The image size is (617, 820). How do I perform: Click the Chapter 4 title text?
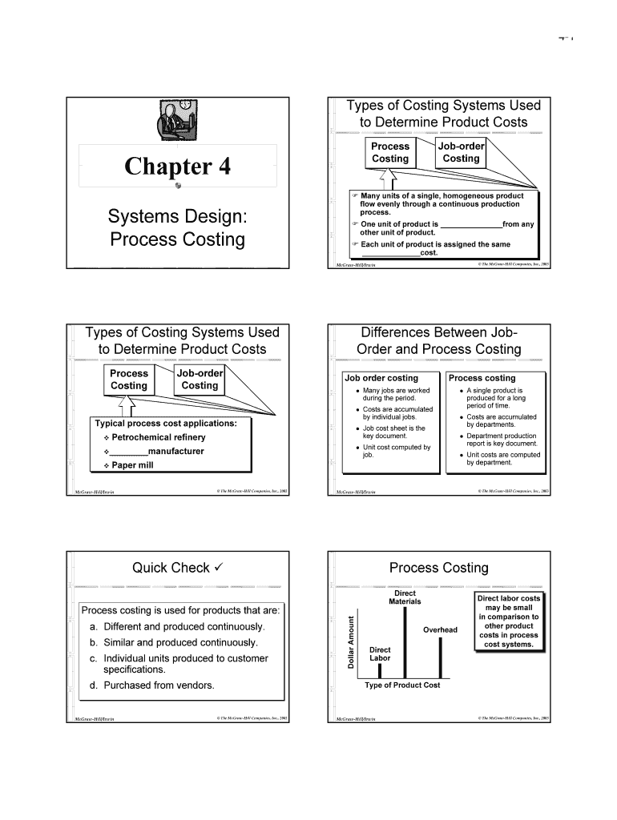click(177, 167)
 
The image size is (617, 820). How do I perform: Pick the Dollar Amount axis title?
click(350, 641)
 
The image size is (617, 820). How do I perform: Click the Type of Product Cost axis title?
click(402, 685)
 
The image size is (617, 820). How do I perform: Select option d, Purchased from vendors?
click(152, 685)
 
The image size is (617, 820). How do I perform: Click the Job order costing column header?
click(381, 378)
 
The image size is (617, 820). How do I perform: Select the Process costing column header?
click(482, 378)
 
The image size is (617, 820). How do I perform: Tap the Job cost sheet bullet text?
click(394, 432)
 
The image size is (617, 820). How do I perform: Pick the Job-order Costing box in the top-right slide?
click(461, 152)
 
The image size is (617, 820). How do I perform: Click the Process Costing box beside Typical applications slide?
click(129, 380)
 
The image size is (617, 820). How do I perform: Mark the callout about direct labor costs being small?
click(509, 621)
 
